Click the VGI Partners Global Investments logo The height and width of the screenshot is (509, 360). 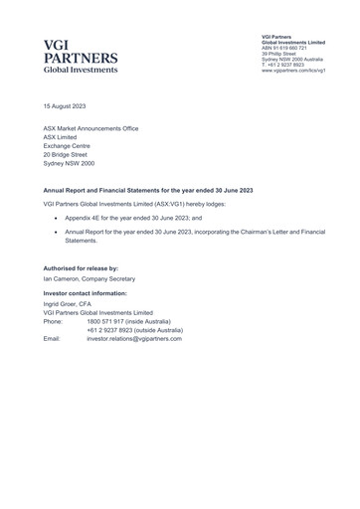tap(81, 57)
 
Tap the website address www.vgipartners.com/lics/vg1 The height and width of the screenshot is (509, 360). tap(294, 71)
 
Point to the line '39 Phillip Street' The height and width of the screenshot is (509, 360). tap(278, 55)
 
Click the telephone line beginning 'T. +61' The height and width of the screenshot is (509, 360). tap(283, 65)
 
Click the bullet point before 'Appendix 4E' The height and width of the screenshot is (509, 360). tap(56, 216)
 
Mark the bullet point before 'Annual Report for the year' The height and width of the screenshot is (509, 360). tap(56, 231)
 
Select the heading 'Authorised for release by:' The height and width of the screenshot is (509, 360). tap(81, 268)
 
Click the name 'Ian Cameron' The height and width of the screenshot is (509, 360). tap(65, 279)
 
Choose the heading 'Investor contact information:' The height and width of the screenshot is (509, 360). tap(86, 294)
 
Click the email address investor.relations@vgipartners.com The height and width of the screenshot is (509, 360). tap(134, 339)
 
